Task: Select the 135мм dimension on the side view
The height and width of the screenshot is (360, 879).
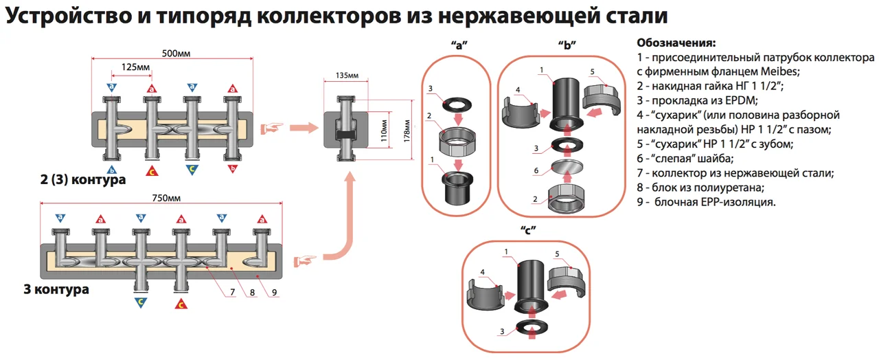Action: tap(347, 75)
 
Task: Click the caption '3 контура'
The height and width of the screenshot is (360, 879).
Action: tap(56, 289)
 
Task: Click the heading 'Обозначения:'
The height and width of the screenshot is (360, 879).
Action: tap(676, 43)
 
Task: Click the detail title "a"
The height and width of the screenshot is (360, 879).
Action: tap(459, 45)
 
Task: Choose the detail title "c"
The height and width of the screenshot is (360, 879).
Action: tap(528, 229)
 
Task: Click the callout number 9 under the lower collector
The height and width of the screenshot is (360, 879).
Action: tap(273, 293)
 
